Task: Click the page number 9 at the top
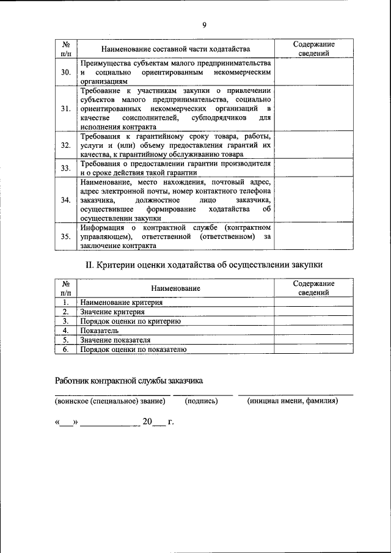(x=205, y=24)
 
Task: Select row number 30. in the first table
(x=66, y=72)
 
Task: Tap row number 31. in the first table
(x=66, y=109)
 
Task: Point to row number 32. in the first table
(x=66, y=145)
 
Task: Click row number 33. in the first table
(x=66, y=168)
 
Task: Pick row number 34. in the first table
(x=66, y=200)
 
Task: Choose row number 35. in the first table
(x=66, y=236)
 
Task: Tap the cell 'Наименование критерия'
(x=121, y=302)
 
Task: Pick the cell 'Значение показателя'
(x=115, y=340)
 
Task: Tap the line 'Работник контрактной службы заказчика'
(x=128, y=380)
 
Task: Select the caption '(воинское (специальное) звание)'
(x=110, y=401)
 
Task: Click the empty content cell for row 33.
(x=313, y=168)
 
